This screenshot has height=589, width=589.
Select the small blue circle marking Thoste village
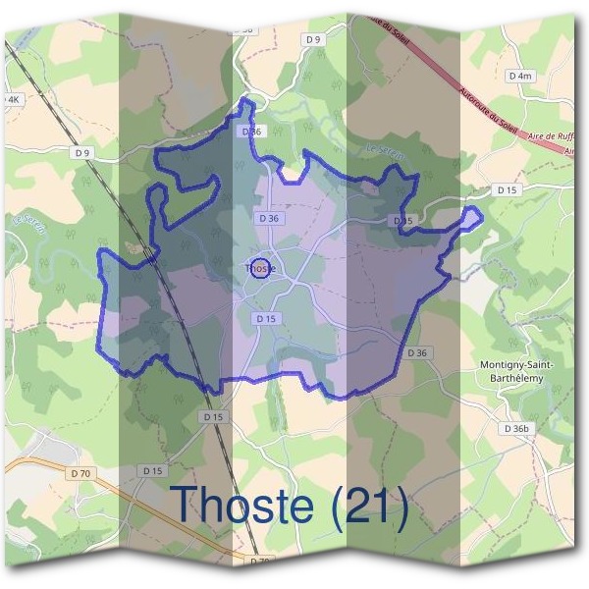[260, 267]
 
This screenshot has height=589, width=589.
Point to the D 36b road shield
[515, 428]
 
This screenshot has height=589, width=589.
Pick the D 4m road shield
[520, 76]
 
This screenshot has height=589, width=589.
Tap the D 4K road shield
[11, 99]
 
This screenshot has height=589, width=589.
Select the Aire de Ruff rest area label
[551, 136]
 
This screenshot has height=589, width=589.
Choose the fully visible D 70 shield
[81, 474]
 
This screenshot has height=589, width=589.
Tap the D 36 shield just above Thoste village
[268, 218]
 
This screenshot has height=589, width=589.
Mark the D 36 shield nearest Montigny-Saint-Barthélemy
[418, 352]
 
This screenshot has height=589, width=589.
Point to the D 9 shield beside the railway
[81, 152]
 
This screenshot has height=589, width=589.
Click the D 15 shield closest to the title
[152, 471]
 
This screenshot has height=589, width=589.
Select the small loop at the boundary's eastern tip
[473, 216]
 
